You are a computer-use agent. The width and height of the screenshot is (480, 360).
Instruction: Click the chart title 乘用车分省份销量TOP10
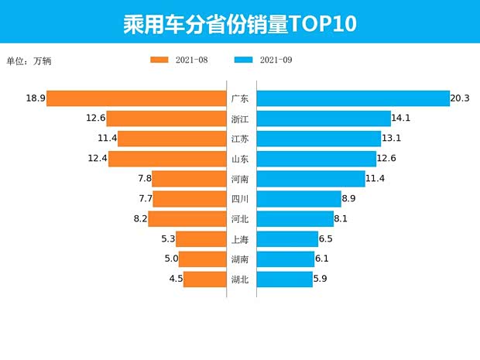(239, 23)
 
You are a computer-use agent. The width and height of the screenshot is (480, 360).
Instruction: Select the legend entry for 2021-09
(262, 60)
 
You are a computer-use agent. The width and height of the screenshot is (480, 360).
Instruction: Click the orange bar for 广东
(136, 98)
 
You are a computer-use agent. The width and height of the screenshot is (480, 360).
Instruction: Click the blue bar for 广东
(353, 98)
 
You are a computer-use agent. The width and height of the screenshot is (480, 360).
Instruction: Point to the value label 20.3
(461, 98)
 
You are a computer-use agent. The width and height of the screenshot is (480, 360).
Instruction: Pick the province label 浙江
(240, 118)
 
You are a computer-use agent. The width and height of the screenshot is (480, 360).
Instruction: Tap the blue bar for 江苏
(318, 139)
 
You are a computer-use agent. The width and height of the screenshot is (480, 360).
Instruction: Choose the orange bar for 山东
(167, 159)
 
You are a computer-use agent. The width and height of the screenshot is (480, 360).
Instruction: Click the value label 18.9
(35, 98)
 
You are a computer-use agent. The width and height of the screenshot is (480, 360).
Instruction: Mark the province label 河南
(240, 179)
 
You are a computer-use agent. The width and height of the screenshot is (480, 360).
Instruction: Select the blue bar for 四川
(298, 199)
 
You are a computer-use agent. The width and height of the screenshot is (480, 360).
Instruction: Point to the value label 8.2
(140, 219)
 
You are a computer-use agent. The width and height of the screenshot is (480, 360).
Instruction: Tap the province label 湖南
(240, 259)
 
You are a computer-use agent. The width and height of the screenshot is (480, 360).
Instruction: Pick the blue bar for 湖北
(284, 279)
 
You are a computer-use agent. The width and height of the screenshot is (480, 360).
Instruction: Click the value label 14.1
(402, 118)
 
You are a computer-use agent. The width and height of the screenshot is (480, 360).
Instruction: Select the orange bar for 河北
(187, 219)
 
